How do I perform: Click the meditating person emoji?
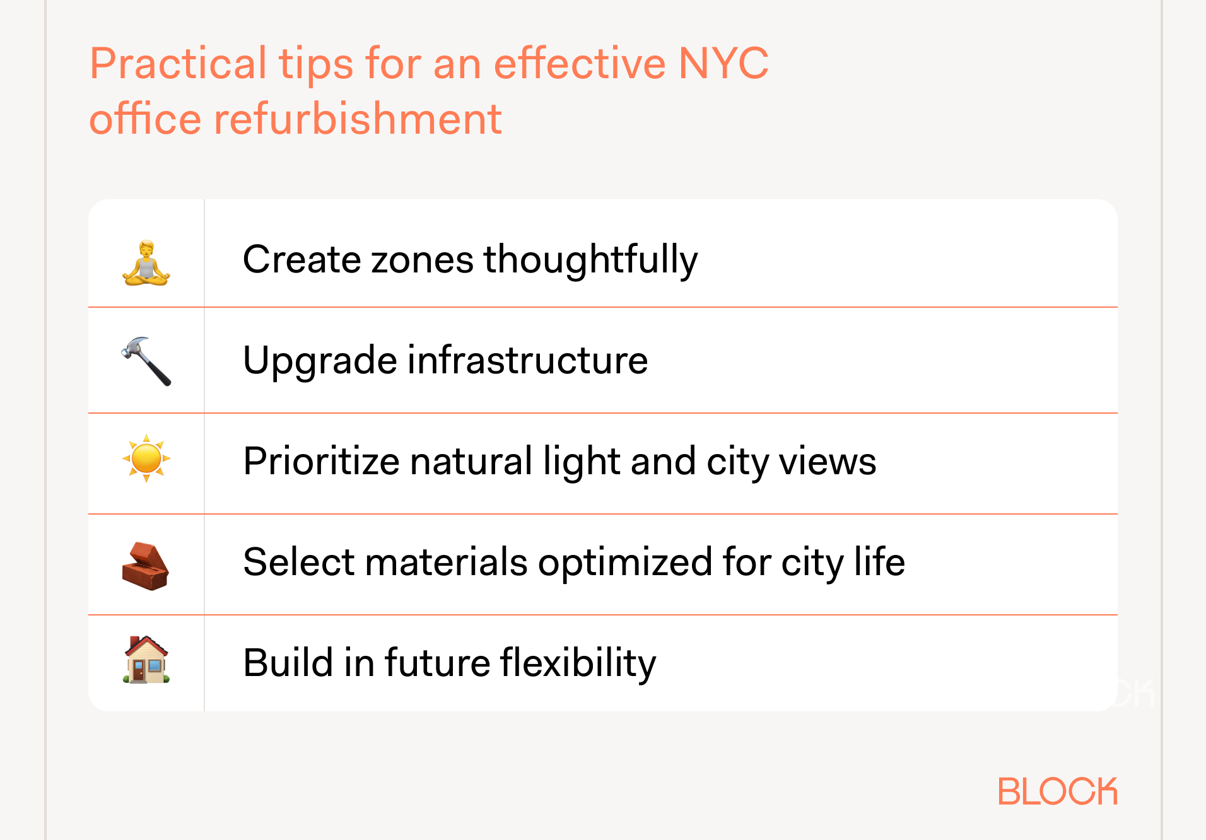coord(146,263)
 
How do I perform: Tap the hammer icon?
coord(146,361)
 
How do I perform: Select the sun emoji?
coord(146,458)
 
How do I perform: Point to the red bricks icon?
coord(145,566)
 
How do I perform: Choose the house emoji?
coord(146,660)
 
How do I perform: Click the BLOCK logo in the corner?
coord(1057,791)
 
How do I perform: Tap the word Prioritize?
coord(321,461)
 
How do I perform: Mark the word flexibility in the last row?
coord(578,663)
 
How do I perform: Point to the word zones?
coord(422,260)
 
